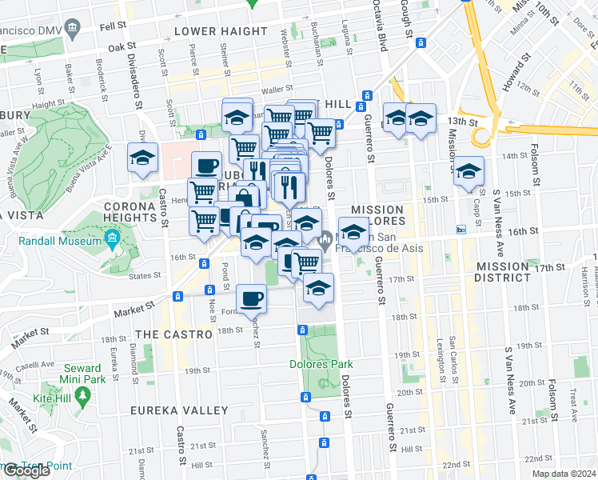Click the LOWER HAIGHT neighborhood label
pos(221,31)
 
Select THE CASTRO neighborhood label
pos(173,334)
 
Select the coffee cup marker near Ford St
pos(253,298)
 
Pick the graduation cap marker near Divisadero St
pos(143,158)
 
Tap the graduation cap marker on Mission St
pos(469,171)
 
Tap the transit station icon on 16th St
pos(460,229)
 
